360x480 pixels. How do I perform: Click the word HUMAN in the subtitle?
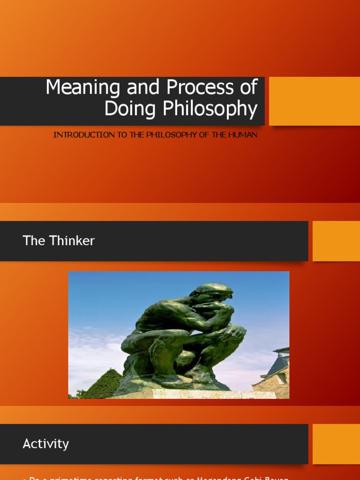[243, 135]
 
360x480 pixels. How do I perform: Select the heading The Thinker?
[59, 241]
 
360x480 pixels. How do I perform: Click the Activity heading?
[45, 444]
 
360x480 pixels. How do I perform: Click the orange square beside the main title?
[314, 101]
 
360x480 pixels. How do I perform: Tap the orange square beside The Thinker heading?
[336, 241]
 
